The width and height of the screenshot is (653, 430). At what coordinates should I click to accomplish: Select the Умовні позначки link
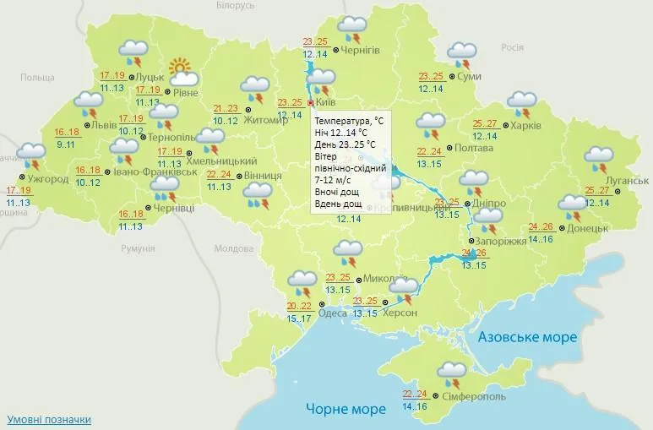coord(49,419)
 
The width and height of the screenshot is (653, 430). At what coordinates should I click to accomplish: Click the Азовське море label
coord(527,337)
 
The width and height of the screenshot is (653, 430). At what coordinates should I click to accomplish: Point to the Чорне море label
coord(346,409)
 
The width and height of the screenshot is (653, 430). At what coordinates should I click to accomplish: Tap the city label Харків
coord(525,126)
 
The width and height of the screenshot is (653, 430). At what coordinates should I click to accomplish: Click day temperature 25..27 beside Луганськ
coord(596,190)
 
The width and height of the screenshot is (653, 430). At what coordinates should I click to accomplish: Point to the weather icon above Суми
coord(461,55)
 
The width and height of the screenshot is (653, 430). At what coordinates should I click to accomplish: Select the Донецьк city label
coord(589,228)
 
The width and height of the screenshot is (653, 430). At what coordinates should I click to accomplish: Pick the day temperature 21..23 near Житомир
coord(226,108)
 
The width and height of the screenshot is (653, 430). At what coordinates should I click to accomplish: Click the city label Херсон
coord(403,313)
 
